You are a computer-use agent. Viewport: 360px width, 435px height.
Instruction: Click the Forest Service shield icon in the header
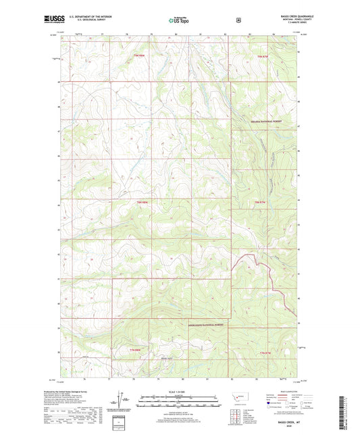click(x=238, y=20)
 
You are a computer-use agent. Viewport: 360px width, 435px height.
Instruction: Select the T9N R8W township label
click(x=138, y=55)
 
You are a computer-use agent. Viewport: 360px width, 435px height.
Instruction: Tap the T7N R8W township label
click(x=136, y=350)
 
